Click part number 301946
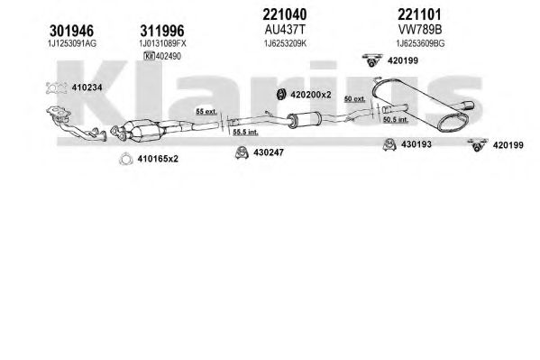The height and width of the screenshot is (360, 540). [71, 31]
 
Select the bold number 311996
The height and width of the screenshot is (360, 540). [162, 31]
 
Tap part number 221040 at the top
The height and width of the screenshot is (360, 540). [285, 14]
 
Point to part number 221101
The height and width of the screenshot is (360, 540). [419, 14]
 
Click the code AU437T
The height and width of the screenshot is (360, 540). [285, 30]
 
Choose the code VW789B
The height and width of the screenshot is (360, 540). [420, 30]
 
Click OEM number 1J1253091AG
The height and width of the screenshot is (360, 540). [72, 43]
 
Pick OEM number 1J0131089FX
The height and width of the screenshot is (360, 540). [162, 43]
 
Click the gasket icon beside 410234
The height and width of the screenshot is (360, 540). [57, 88]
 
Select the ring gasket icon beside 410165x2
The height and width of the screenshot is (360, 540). [126, 159]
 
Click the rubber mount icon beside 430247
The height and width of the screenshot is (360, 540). [243, 152]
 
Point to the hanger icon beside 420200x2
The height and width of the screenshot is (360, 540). [281, 94]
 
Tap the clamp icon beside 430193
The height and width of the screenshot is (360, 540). [389, 144]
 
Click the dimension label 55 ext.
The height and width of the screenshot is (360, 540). [206, 112]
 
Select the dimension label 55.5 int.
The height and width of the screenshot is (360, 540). [245, 132]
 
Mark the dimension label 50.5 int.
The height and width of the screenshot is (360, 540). [396, 120]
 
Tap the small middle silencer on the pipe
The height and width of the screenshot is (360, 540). [305, 120]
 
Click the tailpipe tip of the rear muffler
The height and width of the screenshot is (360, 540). [468, 106]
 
